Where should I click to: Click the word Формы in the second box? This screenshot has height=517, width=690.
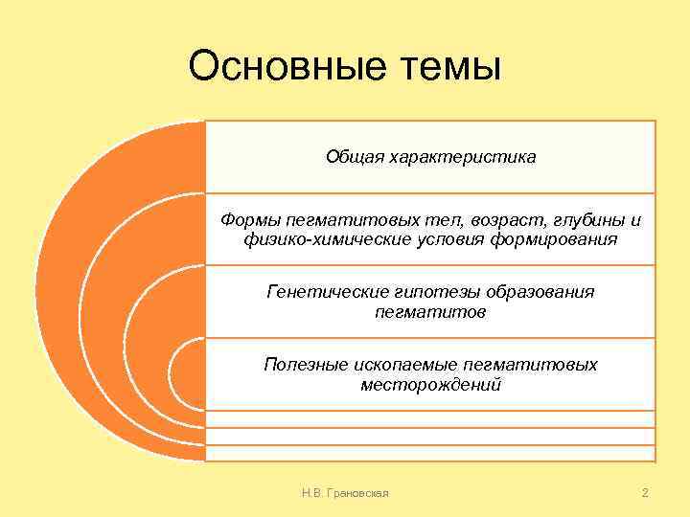(x=247, y=221)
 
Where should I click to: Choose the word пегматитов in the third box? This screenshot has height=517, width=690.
(x=430, y=311)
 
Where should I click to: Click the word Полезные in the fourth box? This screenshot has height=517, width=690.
(x=301, y=365)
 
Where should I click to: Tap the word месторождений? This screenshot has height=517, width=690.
(x=430, y=384)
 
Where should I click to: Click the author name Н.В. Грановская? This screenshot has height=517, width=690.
(x=344, y=493)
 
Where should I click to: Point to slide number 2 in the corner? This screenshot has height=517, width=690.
(x=645, y=493)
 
